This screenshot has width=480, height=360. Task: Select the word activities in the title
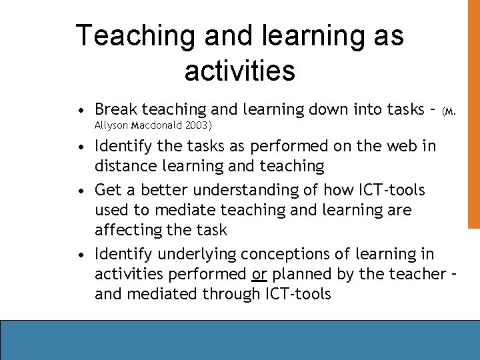tap(239, 71)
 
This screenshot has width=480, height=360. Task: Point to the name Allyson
tap(112, 125)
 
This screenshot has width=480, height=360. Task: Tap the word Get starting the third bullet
tap(109, 190)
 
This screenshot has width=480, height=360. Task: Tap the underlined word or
tap(259, 274)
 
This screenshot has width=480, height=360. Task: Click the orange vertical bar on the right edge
tap(473, 113)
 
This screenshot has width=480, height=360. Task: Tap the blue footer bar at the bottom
tap(240, 340)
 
